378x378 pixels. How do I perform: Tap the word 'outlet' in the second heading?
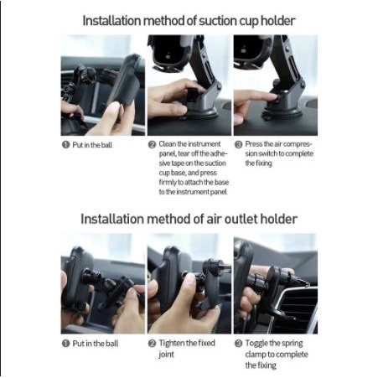point(241,219)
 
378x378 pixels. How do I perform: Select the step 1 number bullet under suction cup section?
point(65,145)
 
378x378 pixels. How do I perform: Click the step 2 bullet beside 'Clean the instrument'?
point(152,144)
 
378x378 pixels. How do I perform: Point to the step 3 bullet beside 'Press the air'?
point(238,144)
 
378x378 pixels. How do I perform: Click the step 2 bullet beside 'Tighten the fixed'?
point(152,344)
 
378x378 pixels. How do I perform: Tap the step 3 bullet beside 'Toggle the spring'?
point(238,344)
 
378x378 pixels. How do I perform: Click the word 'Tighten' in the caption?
point(172,344)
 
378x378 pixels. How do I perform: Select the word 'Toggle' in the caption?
point(256,344)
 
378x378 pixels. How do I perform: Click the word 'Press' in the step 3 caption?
point(253,144)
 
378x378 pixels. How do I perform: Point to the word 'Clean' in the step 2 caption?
point(168,144)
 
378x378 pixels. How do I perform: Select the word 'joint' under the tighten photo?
point(166,355)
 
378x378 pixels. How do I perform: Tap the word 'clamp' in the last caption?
point(256,355)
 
